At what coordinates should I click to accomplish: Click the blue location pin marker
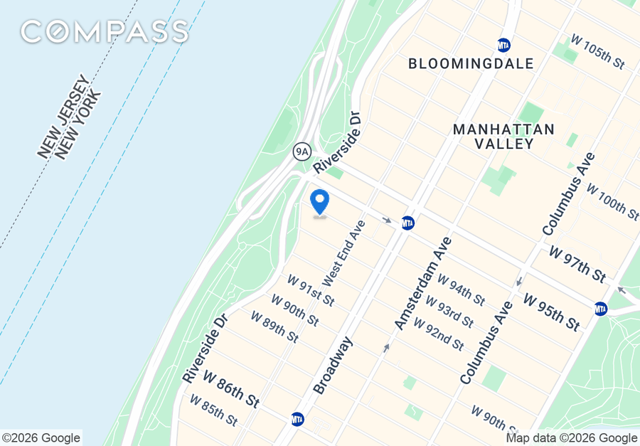pos(320,202)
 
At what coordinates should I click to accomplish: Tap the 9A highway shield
pos(302,151)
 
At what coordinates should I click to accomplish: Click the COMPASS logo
pos(105,31)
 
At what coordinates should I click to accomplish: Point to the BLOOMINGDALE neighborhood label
pos(471,64)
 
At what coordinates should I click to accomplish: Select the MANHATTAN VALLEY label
pos(503,137)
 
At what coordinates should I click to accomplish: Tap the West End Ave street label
pos(343,252)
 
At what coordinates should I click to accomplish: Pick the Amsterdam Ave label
pos(423,283)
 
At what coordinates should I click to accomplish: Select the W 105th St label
pos(598,51)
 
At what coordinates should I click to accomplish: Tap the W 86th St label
pos(231,388)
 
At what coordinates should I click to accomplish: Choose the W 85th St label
pos(213,410)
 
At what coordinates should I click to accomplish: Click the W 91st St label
pos(310,290)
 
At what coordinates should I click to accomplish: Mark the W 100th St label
pos(611,200)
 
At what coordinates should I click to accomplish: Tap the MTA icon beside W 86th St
pos(297,419)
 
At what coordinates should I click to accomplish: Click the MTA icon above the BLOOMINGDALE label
pos(504,45)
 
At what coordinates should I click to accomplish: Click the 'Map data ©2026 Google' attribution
pos(572,438)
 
